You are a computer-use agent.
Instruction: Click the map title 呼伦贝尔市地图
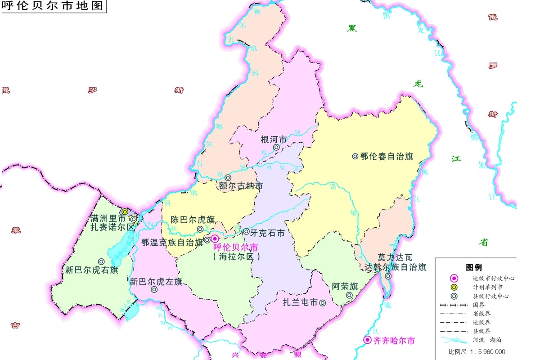(53, 6)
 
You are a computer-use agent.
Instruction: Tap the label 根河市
(274, 139)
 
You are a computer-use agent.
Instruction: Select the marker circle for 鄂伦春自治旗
(355, 156)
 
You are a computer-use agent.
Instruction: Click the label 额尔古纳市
(241, 186)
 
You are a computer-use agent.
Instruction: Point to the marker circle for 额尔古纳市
(228, 178)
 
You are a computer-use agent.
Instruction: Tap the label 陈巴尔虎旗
(193, 220)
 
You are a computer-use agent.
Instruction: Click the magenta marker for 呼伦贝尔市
(215, 238)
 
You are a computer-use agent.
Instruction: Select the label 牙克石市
(267, 233)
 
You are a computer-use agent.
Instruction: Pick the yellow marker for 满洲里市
(125, 211)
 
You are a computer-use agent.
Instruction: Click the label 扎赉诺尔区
(112, 227)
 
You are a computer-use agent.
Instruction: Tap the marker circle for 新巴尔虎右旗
(102, 261)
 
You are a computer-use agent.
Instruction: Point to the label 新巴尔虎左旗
(156, 282)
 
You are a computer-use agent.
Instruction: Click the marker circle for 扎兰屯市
(323, 303)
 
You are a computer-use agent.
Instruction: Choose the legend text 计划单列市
(488, 287)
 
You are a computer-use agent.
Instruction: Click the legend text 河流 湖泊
(488, 340)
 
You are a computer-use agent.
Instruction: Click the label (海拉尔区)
(237, 257)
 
